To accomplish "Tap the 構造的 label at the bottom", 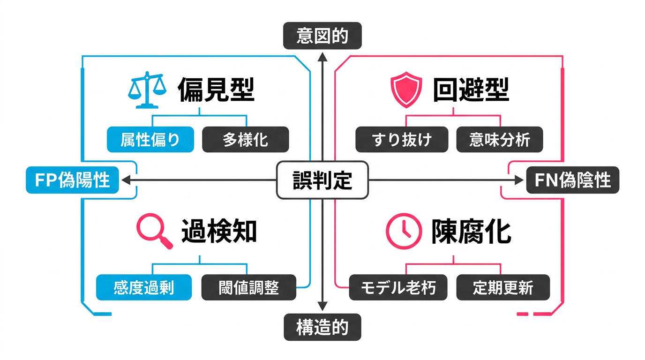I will (322, 327).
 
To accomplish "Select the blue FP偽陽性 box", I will (72, 180).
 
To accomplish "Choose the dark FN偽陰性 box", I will (572, 180).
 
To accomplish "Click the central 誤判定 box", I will (322, 180).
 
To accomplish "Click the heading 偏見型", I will (216, 90).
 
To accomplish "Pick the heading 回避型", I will (471, 90).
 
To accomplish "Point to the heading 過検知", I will (219, 231).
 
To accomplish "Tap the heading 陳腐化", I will (471, 231).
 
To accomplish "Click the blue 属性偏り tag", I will (150, 140).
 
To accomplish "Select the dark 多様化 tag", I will (245, 140).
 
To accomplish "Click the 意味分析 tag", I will (500, 140).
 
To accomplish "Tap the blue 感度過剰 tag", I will (144, 287).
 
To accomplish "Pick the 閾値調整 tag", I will (248, 287).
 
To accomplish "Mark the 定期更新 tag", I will (502, 287).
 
